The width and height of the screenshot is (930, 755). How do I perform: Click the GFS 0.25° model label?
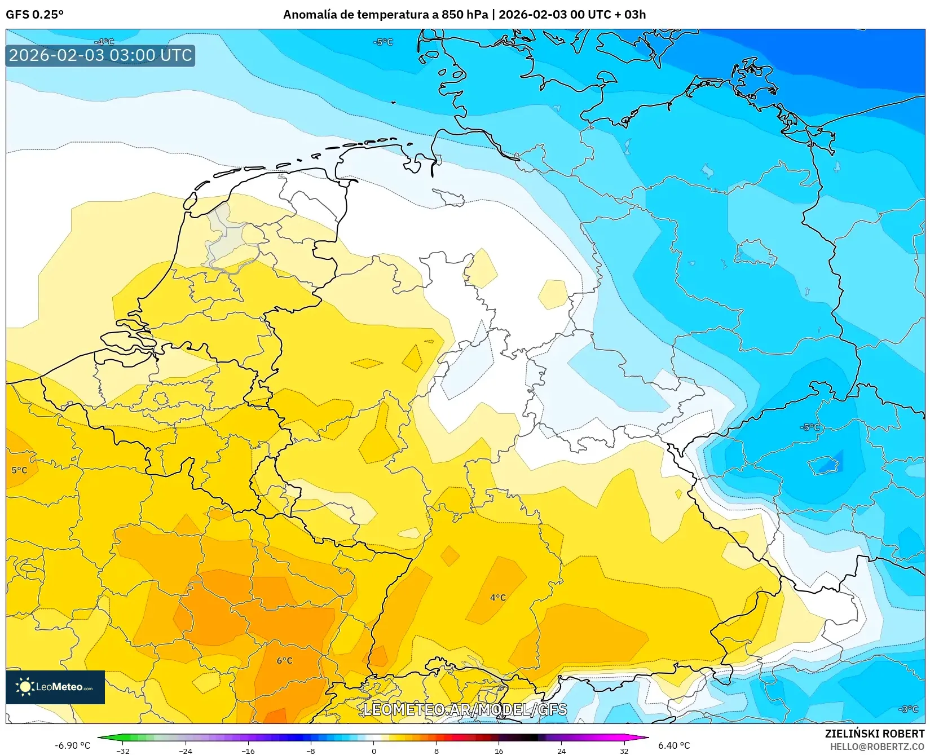pyautogui.click(x=34, y=15)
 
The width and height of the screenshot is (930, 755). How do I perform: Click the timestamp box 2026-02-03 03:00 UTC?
pyautogui.click(x=100, y=55)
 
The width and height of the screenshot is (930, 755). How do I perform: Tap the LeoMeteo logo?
pyautogui.click(x=55, y=687)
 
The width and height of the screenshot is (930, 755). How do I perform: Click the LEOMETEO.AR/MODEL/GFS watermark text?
pyautogui.click(x=465, y=709)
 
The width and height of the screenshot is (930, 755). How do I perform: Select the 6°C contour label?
pyautogui.click(x=284, y=660)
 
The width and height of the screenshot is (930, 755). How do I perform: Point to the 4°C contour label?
pyautogui.click(x=497, y=597)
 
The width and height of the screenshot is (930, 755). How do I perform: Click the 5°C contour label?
pyautogui.click(x=19, y=470)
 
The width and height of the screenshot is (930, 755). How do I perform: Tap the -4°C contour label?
pyautogui.click(x=104, y=42)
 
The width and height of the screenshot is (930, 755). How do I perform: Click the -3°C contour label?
pyautogui.click(x=908, y=709)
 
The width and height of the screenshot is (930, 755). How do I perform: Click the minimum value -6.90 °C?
pyautogui.click(x=72, y=745)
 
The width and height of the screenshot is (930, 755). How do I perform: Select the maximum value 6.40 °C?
pyautogui.click(x=674, y=745)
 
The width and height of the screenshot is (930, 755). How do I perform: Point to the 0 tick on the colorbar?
pyautogui.click(x=373, y=750)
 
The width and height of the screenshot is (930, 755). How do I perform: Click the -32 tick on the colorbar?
pyautogui.click(x=123, y=750)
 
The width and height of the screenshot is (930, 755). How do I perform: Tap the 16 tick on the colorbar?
pyautogui.click(x=499, y=750)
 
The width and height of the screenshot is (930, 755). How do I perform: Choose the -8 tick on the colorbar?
pyautogui.click(x=311, y=750)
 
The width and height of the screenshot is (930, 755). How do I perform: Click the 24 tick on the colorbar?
pyautogui.click(x=561, y=750)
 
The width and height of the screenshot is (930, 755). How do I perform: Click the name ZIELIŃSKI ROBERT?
pyautogui.click(x=875, y=734)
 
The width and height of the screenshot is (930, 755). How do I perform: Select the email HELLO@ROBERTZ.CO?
pyautogui.click(x=877, y=747)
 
